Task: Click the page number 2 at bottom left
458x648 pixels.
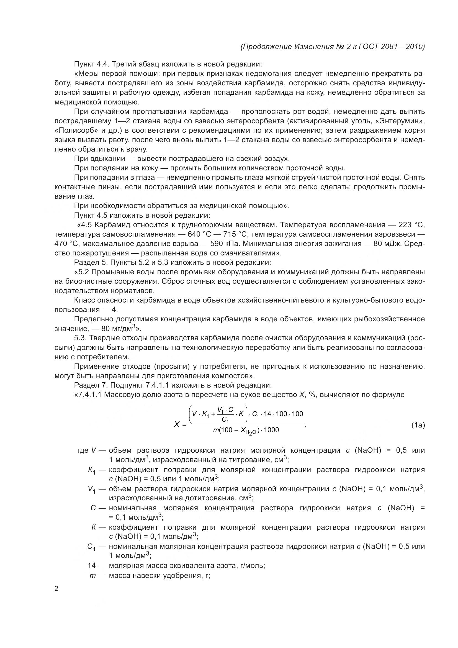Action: (56, 589)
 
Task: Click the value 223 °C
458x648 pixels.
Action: (411, 225)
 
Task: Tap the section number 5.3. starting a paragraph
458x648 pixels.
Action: (81, 338)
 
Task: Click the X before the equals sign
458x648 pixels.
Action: (177, 424)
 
